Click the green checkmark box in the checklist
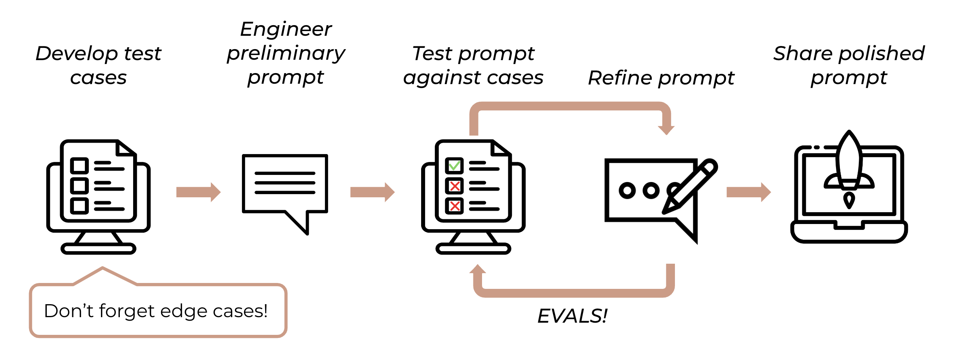454,166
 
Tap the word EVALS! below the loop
572,316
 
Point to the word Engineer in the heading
286,29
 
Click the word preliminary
286,53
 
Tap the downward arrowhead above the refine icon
666,130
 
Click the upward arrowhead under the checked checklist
478,269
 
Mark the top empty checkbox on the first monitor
79,166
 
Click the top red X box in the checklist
454,186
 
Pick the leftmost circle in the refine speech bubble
627,191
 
